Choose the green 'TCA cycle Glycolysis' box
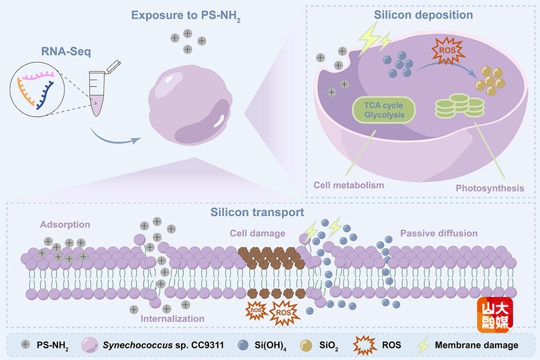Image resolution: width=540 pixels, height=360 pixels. tap(384, 110)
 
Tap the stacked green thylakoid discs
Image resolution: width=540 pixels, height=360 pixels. tap(460, 106)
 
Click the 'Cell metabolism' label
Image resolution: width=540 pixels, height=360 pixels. tap(349, 185)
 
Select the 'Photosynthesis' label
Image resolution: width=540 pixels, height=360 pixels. tap(490, 188)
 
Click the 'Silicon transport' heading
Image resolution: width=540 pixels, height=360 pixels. tap(257, 212)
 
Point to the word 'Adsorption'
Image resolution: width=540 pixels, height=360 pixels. tap(65, 225)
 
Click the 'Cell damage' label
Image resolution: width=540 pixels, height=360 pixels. tap(257, 233)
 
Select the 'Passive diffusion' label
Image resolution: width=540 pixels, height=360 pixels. tap(439, 233)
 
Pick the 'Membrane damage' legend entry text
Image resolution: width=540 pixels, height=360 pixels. tap(476, 345)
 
